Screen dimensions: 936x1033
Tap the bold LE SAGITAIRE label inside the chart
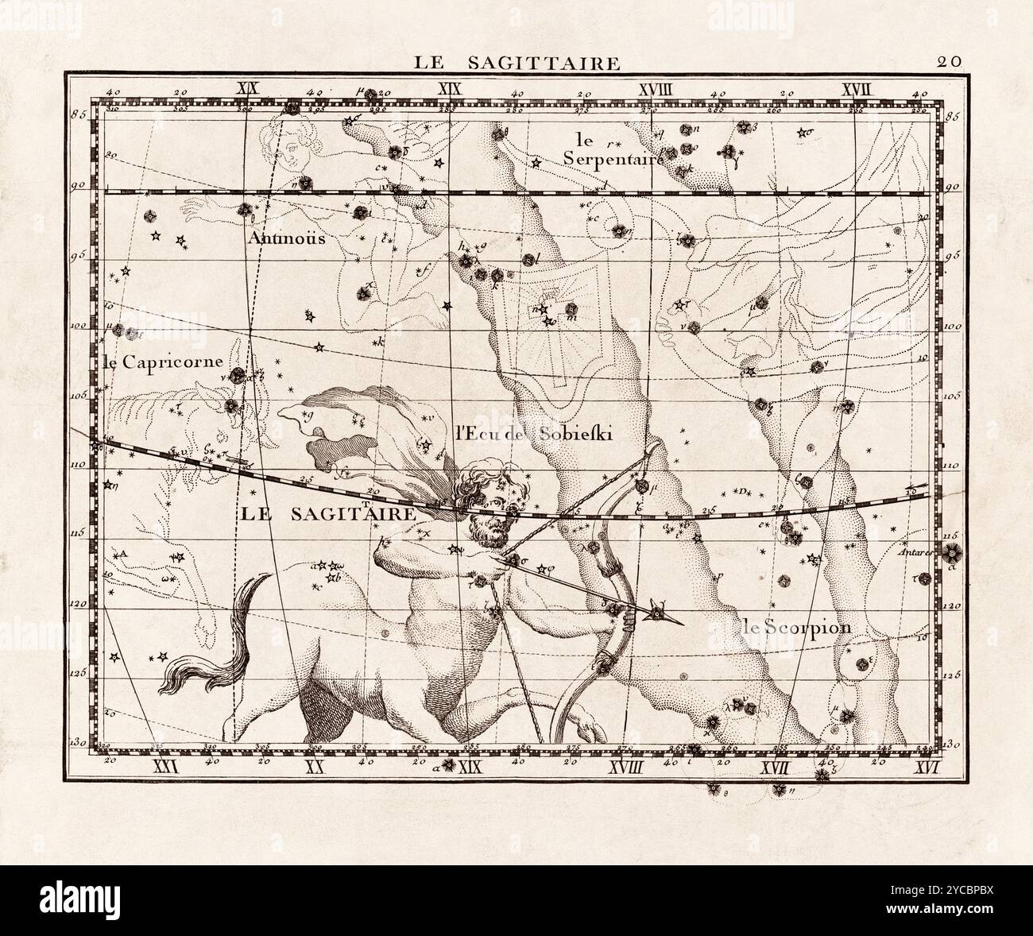click(327, 514)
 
